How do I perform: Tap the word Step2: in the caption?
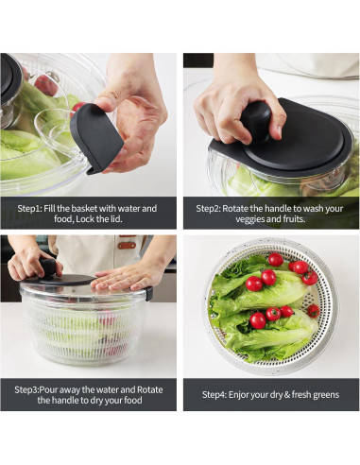coord(213,208)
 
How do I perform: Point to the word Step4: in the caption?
coord(218,394)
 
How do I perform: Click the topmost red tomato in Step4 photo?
coord(275,259)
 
